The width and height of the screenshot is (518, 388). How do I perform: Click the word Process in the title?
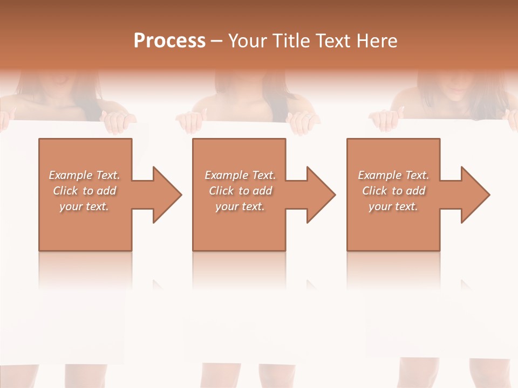(x=169, y=41)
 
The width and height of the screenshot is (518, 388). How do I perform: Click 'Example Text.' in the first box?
(x=84, y=175)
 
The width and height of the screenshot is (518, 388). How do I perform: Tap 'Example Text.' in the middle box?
(x=240, y=175)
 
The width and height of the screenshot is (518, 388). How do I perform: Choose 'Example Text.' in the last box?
(x=393, y=175)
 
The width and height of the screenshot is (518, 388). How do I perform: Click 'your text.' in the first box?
(x=84, y=206)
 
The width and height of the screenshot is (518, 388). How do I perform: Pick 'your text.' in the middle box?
(x=240, y=206)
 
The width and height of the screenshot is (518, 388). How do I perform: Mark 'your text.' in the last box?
(x=393, y=206)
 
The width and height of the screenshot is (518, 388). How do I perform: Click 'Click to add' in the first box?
(x=84, y=191)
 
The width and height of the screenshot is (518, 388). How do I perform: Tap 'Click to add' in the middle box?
(x=240, y=191)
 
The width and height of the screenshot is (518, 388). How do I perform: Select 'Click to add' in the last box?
(x=393, y=191)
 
